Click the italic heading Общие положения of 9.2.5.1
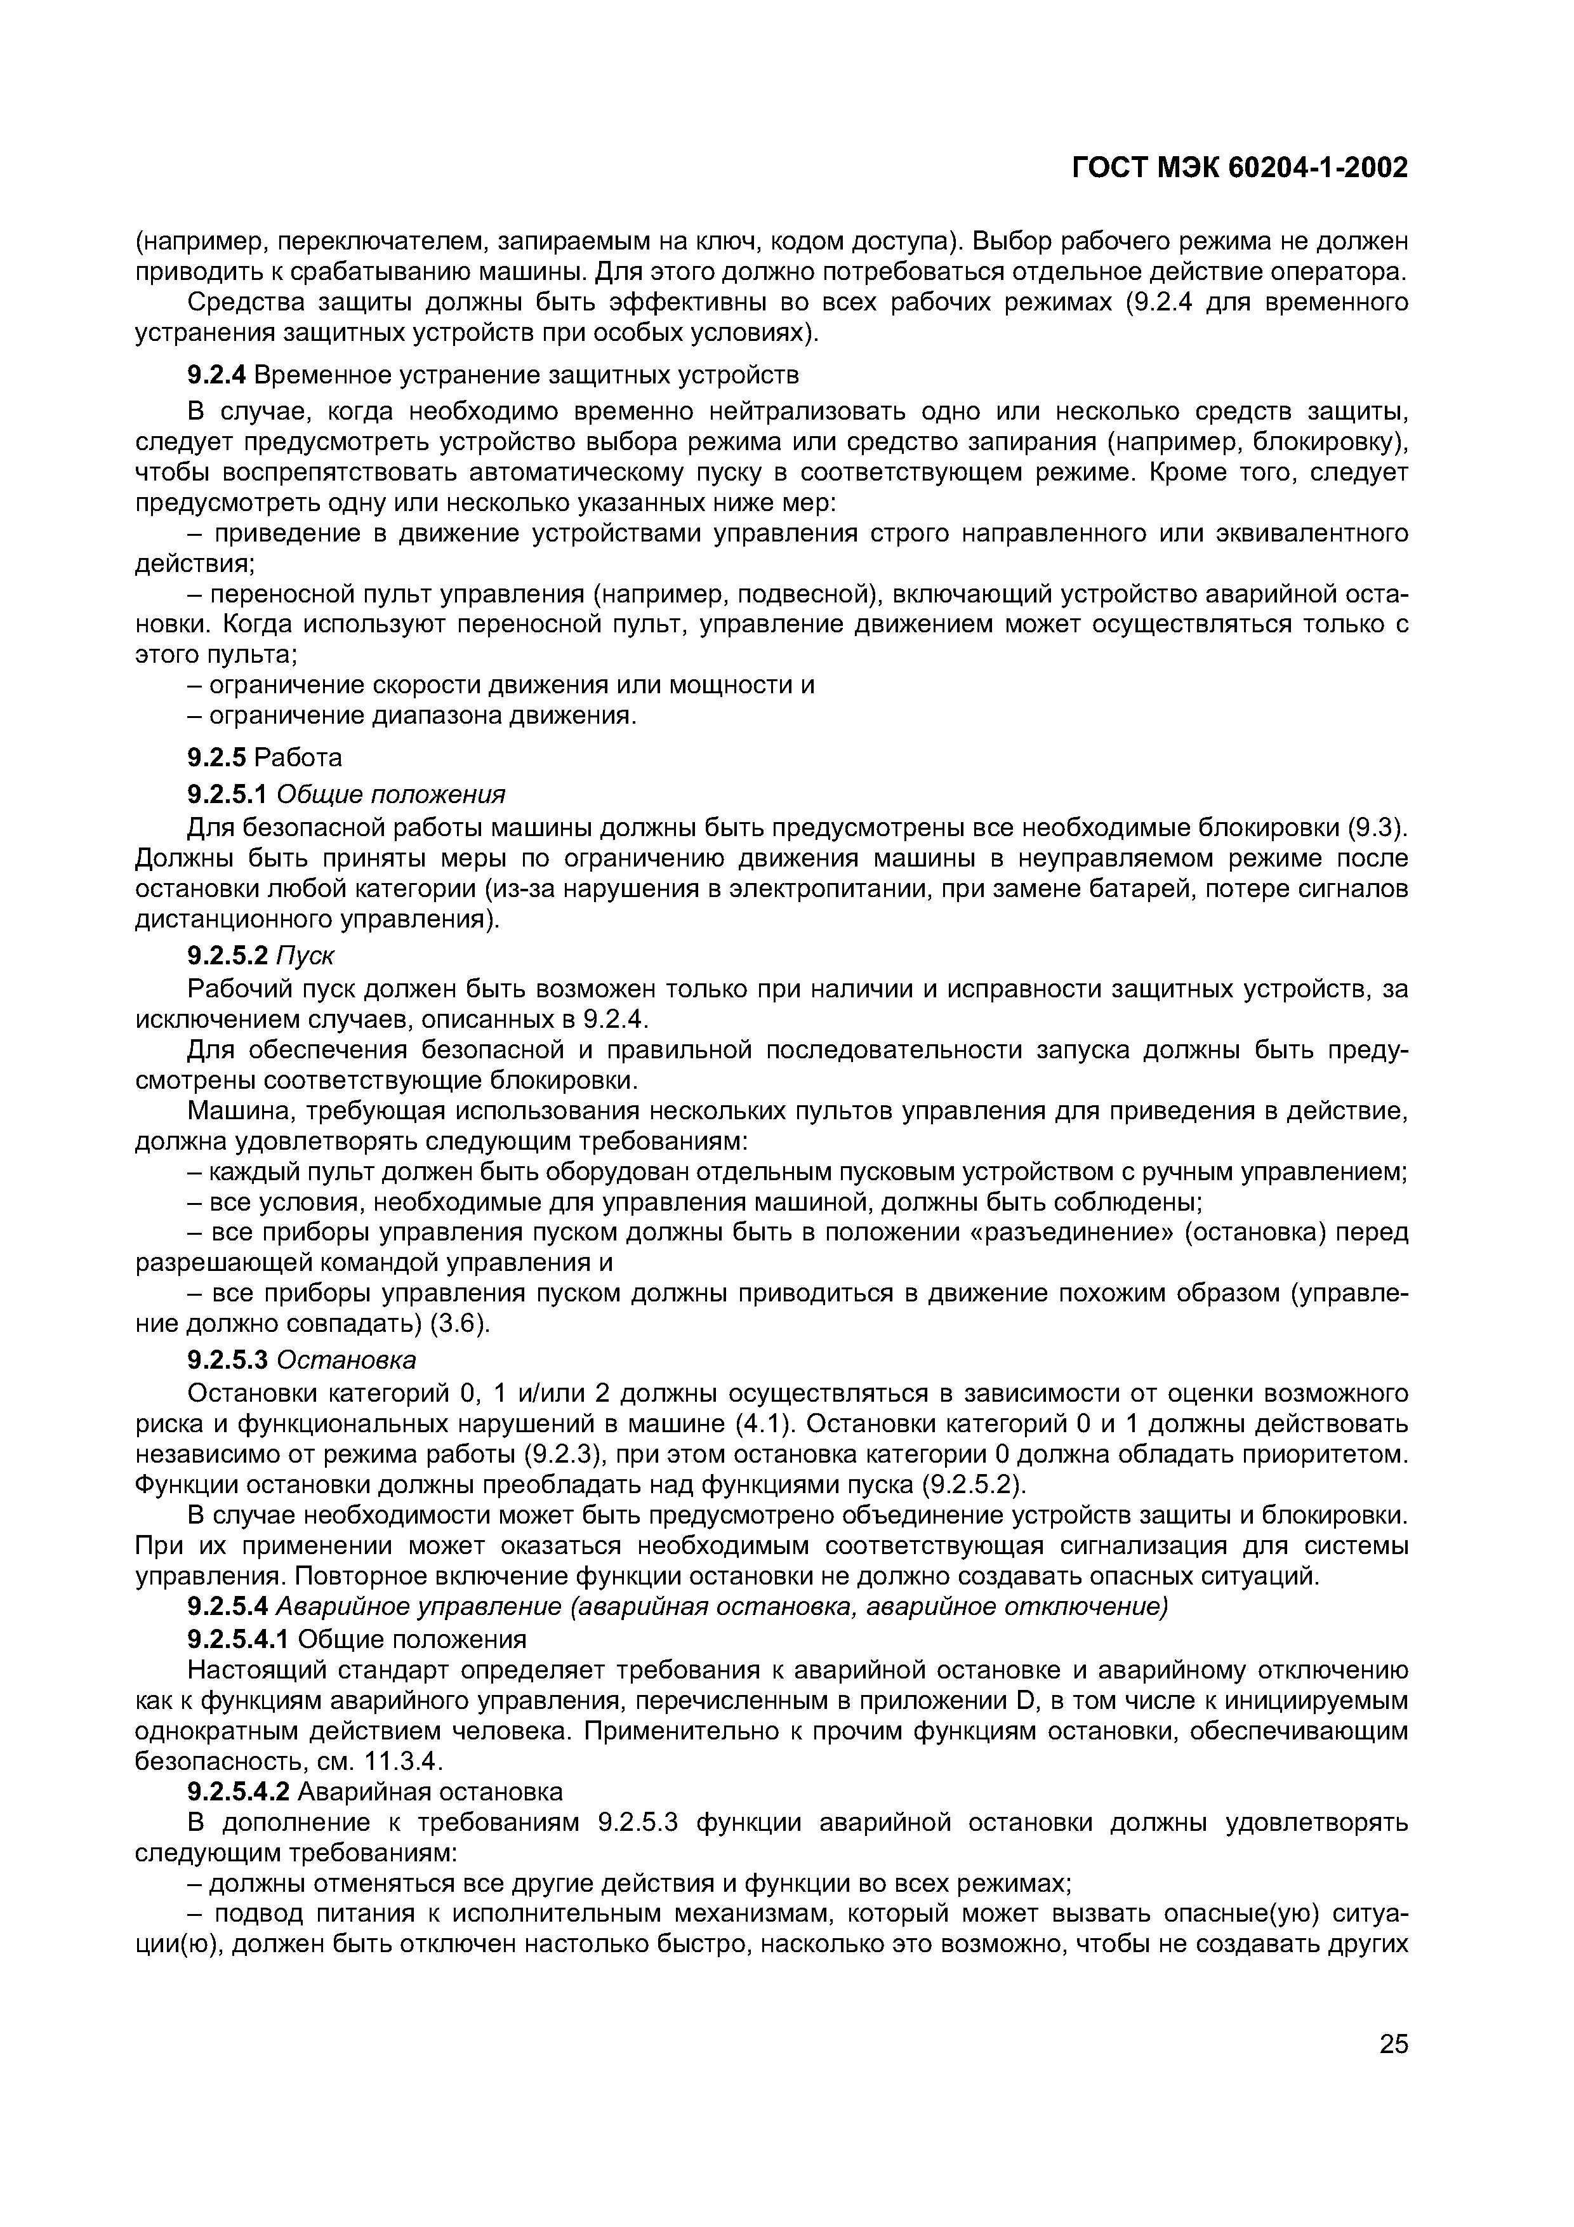[391, 794]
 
